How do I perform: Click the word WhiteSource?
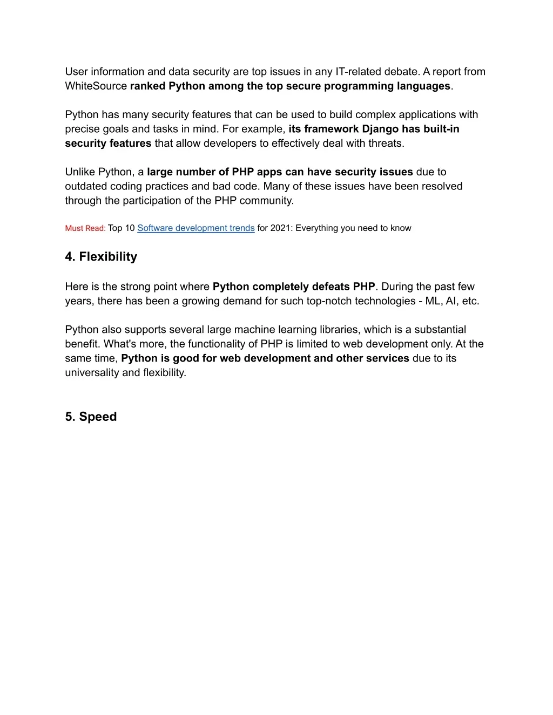point(96,86)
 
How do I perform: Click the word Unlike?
point(80,172)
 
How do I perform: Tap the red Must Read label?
point(85,228)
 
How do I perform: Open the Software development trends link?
point(195,228)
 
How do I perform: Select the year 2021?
point(280,228)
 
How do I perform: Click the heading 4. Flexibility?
point(101,257)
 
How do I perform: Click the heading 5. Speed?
point(91,417)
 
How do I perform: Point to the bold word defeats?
point(331,287)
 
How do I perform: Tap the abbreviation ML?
point(433,301)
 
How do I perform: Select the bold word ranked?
point(147,86)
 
